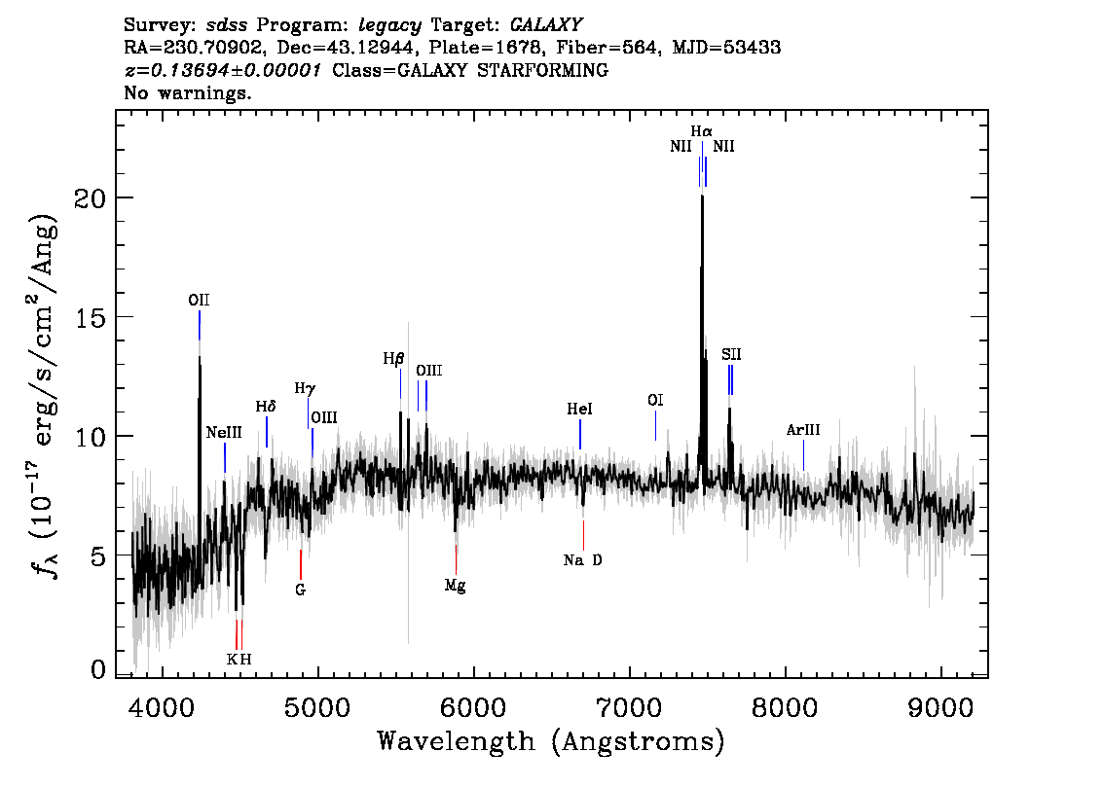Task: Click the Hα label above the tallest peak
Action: point(702,130)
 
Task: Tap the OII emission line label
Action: point(199,301)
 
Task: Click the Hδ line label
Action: point(266,406)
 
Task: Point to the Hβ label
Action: point(393,358)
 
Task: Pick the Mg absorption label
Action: point(455,586)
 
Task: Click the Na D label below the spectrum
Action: point(583,560)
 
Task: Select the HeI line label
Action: point(579,411)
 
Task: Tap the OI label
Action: point(655,400)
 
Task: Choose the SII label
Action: point(731,355)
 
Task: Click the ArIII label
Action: point(803,430)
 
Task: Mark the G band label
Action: point(301,590)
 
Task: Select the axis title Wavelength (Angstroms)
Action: point(551,742)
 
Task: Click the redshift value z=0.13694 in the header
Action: point(223,71)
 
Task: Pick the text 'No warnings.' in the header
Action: point(188,93)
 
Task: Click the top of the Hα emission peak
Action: point(701,197)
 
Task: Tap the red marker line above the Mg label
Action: point(456,559)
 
